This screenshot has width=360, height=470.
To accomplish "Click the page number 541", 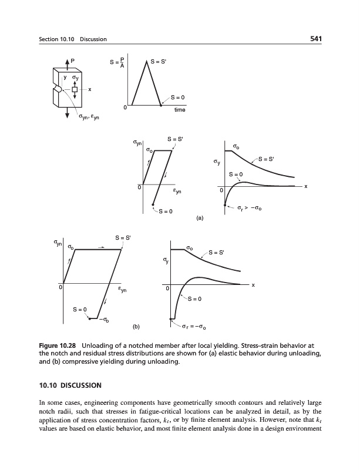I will [318, 39].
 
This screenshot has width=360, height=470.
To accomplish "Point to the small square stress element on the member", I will [75, 89].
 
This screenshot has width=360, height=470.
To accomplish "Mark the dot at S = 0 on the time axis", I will [162, 106].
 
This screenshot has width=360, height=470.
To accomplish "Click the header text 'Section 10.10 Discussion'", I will [69, 39].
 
